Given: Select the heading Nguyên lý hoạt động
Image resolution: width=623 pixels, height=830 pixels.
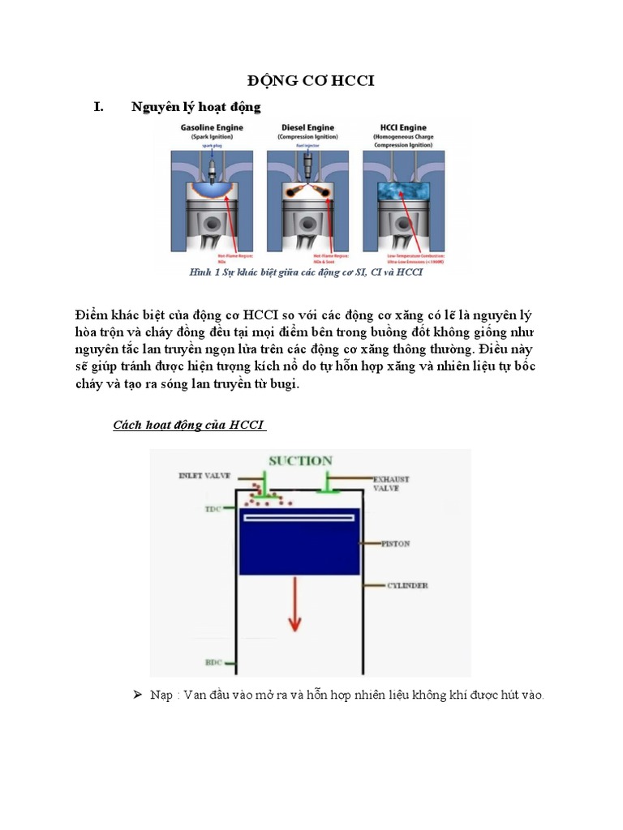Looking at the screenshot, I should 195,107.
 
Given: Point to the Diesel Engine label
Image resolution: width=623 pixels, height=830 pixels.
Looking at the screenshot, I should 306,128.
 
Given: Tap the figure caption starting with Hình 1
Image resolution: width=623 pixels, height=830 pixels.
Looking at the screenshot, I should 306,272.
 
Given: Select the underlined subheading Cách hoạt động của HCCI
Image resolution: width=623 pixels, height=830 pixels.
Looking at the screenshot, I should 189,425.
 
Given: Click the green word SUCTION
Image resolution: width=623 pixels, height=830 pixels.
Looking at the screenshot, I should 301,460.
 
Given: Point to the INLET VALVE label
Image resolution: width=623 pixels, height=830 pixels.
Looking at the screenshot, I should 205,477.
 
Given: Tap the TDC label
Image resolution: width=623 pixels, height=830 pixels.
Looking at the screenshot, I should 213,508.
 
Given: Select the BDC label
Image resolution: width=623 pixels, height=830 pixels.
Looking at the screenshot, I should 213,662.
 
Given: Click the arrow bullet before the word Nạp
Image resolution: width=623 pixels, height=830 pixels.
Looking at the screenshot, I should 137,695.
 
